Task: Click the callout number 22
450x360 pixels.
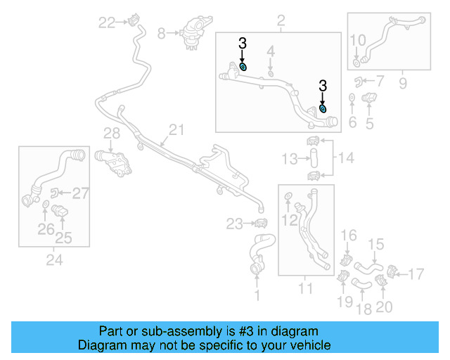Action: pyautogui.click(x=107, y=22)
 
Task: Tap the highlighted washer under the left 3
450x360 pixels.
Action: pyautogui.click(x=243, y=66)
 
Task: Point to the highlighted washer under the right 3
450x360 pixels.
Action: pyautogui.click(x=323, y=108)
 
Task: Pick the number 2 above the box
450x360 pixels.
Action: pyautogui.click(x=281, y=23)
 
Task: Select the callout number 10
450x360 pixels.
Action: pyautogui.click(x=357, y=39)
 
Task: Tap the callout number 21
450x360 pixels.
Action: pyautogui.click(x=175, y=129)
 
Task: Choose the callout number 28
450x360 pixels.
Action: pyautogui.click(x=112, y=134)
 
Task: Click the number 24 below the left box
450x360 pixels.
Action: pyautogui.click(x=54, y=261)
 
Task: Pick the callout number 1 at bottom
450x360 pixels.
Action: pyautogui.click(x=257, y=296)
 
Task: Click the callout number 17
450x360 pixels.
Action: pyautogui.click(x=417, y=272)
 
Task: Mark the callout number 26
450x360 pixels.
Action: pyautogui.click(x=46, y=229)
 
